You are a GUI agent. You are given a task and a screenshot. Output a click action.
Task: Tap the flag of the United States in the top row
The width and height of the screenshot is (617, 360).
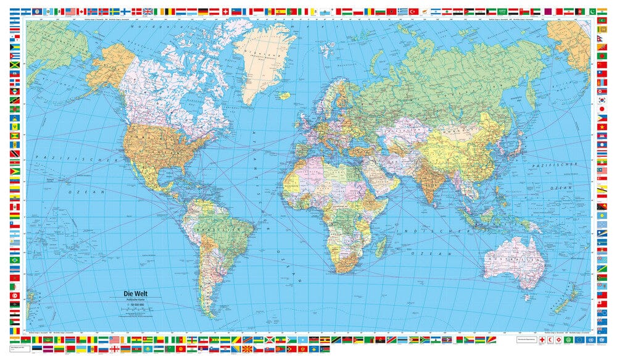point(70,12)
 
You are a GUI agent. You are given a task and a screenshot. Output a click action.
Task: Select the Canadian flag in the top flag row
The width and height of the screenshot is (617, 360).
point(81,12)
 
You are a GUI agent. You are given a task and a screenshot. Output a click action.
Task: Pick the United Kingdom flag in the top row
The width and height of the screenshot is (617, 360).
point(148,12)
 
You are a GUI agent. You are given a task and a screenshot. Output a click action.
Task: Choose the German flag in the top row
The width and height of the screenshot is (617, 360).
point(202,12)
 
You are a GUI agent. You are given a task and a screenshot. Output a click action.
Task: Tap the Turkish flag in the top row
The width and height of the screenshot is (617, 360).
point(414,12)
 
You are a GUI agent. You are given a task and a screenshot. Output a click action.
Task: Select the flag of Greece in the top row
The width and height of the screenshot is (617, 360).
point(403,12)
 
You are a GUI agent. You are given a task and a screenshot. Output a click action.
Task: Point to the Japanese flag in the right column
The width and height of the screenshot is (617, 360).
point(602,109)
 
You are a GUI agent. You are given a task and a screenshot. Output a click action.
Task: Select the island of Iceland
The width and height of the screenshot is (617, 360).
point(284,95)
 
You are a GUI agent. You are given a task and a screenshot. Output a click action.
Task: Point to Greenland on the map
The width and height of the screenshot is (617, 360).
point(262,59)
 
